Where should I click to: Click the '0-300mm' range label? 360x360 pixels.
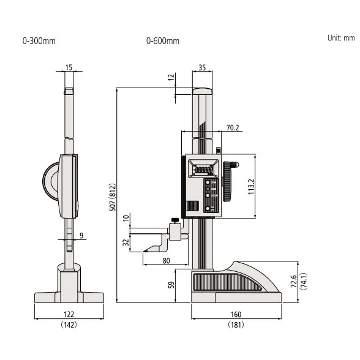tap(39, 41)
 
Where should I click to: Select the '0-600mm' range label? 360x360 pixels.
tap(162, 41)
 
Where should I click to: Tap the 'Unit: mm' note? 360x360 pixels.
tap(340, 37)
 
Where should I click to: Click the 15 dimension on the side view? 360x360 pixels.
tap(69, 67)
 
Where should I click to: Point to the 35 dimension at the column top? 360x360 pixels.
tap(202, 68)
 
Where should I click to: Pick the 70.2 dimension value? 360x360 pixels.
tap(233, 128)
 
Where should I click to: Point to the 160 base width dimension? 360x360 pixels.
tap(236, 315)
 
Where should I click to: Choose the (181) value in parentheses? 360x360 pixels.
tap(236, 324)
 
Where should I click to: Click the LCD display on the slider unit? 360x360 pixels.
tap(202, 168)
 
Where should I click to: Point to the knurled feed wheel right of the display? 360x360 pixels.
tap(230, 182)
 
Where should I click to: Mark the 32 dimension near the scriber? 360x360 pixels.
tap(126, 242)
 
